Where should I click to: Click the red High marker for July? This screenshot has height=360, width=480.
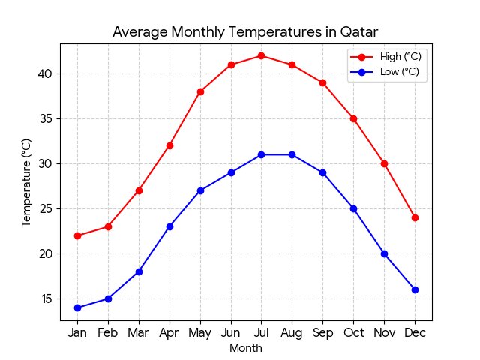pos(261,55)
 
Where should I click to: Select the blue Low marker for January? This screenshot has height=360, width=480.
pos(77,307)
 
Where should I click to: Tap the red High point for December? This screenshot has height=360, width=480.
pos(415,217)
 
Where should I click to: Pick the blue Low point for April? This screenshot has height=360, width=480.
pos(169,226)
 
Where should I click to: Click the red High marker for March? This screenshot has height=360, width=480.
pos(139,190)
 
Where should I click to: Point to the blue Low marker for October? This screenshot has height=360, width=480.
pos(353,208)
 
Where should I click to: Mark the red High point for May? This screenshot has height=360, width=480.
pos(200,91)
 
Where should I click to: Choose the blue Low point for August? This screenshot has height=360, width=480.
pos(292,154)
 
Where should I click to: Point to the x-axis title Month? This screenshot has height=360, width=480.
pos(246,348)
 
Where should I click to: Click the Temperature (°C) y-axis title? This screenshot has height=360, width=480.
pos(26,182)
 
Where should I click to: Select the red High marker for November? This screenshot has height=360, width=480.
pos(384,163)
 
